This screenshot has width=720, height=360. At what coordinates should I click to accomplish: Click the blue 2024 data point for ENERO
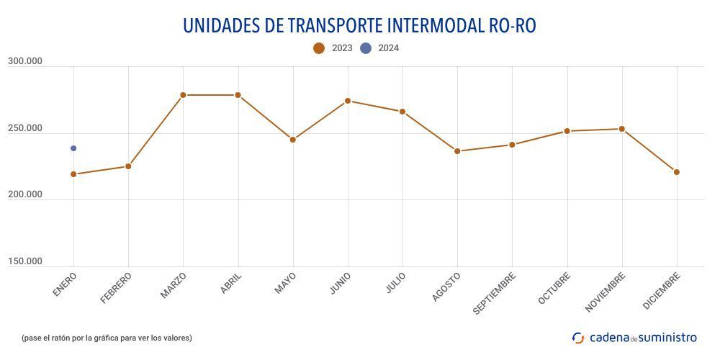[x=73, y=148]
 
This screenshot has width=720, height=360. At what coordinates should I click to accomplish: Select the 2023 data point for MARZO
[x=183, y=95]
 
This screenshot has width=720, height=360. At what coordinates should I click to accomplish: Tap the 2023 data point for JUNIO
[x=348, y=101]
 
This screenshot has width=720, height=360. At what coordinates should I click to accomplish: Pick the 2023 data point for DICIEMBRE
[x=677, y=172]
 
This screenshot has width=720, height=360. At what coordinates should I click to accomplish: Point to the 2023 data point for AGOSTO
[x=457, y=151]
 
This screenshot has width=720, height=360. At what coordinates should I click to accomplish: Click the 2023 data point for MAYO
[x=293, y=140]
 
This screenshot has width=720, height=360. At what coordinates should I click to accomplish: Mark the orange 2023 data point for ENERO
[x=73, y=174]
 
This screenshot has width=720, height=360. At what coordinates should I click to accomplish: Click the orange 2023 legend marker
[x=319, y=48]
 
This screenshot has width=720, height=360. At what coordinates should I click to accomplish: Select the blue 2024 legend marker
[x=366, y=48]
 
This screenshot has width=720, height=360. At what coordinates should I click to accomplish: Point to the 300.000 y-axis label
[x=25, y=62]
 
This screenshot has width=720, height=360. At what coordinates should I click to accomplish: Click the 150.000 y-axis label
[x=25, y=261]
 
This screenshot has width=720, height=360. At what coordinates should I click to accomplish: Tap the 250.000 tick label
[x=25, y=129]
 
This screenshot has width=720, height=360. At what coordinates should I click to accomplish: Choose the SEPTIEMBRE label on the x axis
[x=495, y=293]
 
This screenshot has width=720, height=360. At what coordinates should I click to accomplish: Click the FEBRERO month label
[x=117, y=287]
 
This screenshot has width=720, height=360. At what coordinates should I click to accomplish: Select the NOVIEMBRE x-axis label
[x=606, y=292]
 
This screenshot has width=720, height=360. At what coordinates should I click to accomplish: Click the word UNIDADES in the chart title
[x=221, y=25]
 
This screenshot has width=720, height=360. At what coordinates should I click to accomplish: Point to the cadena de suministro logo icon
[x=578, y=338]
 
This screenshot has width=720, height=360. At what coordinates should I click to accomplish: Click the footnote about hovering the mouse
[x=107, y=338]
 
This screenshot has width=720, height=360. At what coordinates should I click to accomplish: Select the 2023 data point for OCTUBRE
[x=567, y=131]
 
